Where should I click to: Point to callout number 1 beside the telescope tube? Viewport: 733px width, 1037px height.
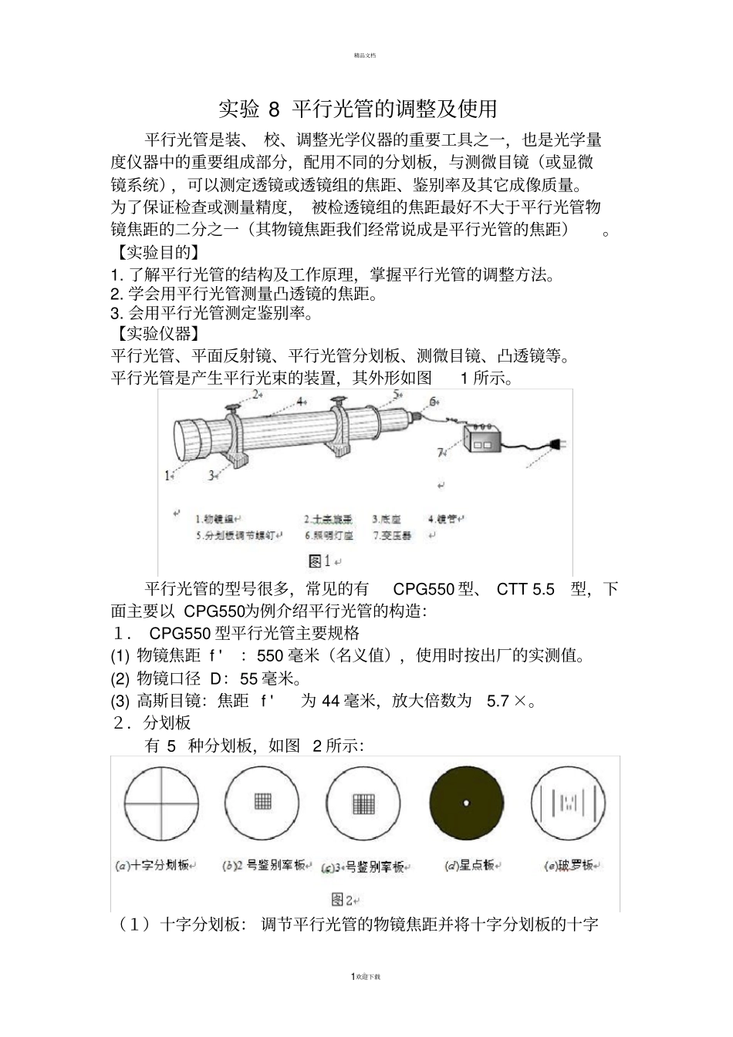[168, 476]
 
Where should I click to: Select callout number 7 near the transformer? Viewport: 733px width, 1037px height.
[441, 453]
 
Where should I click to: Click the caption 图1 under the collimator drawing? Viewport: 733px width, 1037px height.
[319, 561]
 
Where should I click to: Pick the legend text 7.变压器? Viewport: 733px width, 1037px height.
[393, 535]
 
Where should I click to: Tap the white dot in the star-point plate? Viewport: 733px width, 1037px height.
[466, 803]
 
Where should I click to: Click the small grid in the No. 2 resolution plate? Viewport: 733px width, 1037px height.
[262, 802]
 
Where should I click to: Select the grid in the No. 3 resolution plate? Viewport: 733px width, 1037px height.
[363, 803]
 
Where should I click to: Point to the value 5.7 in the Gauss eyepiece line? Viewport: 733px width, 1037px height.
[498, 701]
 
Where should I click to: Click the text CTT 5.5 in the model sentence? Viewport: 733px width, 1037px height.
[525, 590]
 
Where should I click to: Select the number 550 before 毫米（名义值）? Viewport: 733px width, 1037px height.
[270, 656]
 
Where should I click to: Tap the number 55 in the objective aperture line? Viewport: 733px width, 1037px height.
[249, 678]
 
